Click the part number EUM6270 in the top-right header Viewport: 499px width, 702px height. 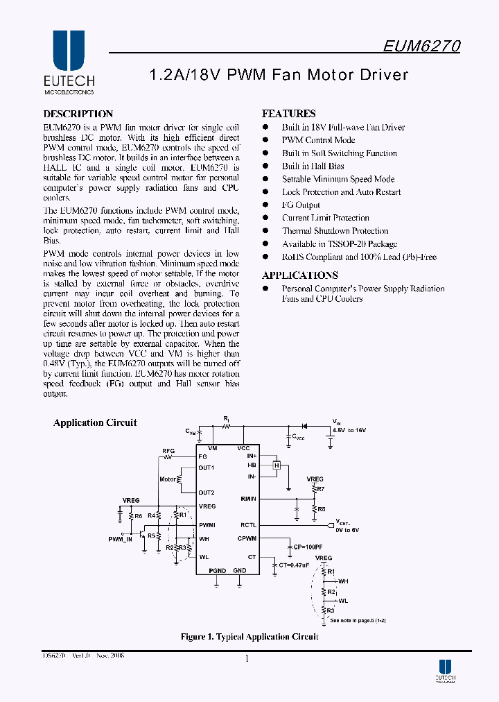[x=421, y=46]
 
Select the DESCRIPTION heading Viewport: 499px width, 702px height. [x=78, y=114]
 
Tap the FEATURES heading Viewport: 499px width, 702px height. [x=288, y=114]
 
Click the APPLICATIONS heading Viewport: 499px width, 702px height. [x=299, y=275]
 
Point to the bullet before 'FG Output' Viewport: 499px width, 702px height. [x=265, y=205]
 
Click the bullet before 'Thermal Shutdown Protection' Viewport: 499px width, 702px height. [x=265, y=231]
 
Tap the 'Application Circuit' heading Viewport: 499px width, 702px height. [x=95, y=422]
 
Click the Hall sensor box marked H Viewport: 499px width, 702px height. [x=277, y=466]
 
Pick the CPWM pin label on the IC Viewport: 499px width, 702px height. [x=247, y=538]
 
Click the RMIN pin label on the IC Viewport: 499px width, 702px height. [x=248, y=499]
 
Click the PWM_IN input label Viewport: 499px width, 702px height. [x=120, y=538]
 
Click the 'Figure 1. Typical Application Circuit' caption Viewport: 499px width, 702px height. [x=249, y=636]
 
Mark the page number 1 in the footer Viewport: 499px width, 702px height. [x=247, y=659]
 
